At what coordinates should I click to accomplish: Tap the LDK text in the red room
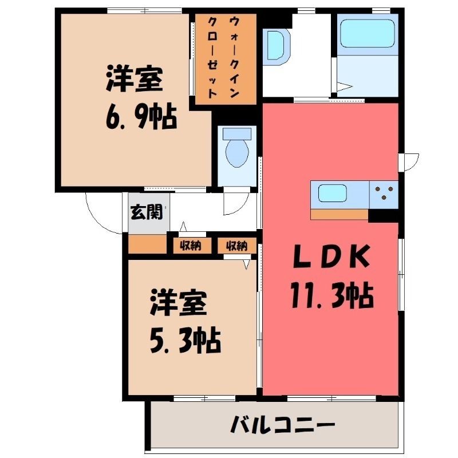click(331, 256)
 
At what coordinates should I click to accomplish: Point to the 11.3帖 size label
click(333, 295)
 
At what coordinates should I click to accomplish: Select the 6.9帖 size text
click(141, 116)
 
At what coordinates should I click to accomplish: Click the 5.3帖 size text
click(185, 340)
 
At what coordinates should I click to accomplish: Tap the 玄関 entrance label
click(147, 212)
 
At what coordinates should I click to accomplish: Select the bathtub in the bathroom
click(368, 33)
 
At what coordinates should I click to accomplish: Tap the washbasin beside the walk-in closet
click(277, 47)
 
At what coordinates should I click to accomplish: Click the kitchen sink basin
click(333, 194)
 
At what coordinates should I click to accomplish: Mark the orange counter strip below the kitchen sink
click(339, 214)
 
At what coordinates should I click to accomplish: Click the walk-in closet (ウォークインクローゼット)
click(226, 59)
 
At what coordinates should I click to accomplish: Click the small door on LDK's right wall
click(409, 163)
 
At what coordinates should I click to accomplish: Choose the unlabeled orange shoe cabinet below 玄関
click(148, 244)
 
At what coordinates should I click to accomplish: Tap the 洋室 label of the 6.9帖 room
click(135, 78)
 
